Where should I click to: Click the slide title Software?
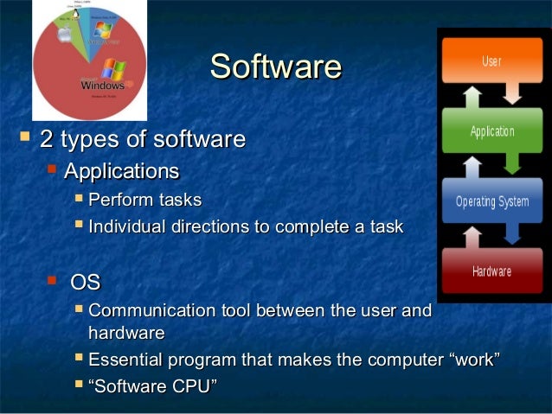276,67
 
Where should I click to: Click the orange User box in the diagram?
491,62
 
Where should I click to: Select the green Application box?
491,131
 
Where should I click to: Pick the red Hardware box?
491,271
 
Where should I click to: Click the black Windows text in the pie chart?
102,86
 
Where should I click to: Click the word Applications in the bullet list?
122,170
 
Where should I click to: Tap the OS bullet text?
85,282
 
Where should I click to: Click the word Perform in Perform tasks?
119,201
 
